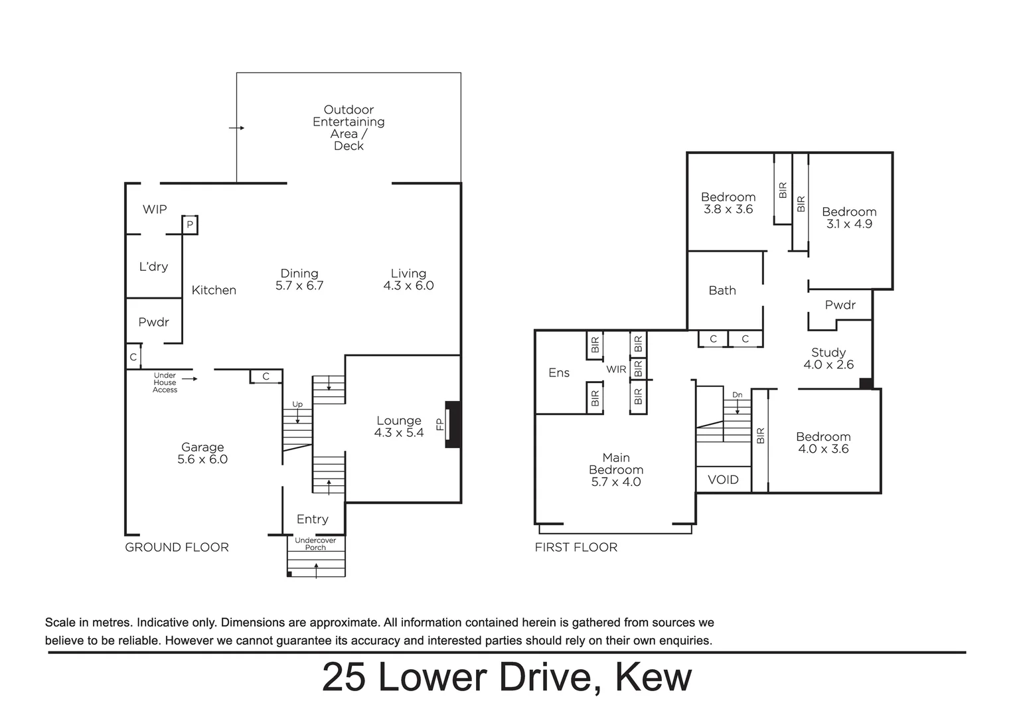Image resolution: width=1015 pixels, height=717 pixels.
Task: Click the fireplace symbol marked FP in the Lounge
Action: tap(452, 424)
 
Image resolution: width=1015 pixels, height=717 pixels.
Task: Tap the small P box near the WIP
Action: tap(190, 225)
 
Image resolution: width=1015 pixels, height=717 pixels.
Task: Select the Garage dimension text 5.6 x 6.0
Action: tap(202, 459)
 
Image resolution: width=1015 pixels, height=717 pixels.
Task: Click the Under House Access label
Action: tap(165, 382)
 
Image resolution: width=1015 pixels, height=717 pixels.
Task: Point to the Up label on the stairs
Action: tap(297, 404)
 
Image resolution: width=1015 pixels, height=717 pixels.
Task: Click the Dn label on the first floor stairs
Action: tap(737, 395)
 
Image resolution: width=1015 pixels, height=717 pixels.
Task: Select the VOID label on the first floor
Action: tap(723, 479)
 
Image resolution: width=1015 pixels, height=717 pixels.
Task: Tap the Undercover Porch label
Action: tap(315, 544)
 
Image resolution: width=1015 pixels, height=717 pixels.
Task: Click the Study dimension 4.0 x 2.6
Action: tap(828, 364)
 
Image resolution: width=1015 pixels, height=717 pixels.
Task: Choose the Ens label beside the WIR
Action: tap(559, 373)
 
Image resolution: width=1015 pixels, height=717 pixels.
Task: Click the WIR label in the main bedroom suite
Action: tap(616, 369)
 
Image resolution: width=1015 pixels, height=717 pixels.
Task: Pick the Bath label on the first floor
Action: tap(722, 290)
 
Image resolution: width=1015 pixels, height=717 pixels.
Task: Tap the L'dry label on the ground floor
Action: tap(153, 266)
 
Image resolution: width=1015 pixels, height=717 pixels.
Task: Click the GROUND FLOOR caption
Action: tap(177, 547)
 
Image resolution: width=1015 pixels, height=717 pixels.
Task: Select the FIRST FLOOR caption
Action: tap(576, 547)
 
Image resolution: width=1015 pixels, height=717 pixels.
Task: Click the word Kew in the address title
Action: tap(653, 677)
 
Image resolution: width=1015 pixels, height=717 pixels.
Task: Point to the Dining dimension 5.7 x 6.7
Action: tap(299, 285)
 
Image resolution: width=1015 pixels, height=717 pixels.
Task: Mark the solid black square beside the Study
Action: tap(866, 383)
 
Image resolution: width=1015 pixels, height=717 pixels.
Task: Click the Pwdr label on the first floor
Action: tap(840, 305)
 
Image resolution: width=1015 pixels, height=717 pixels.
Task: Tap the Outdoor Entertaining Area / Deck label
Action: tap(349, 127)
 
